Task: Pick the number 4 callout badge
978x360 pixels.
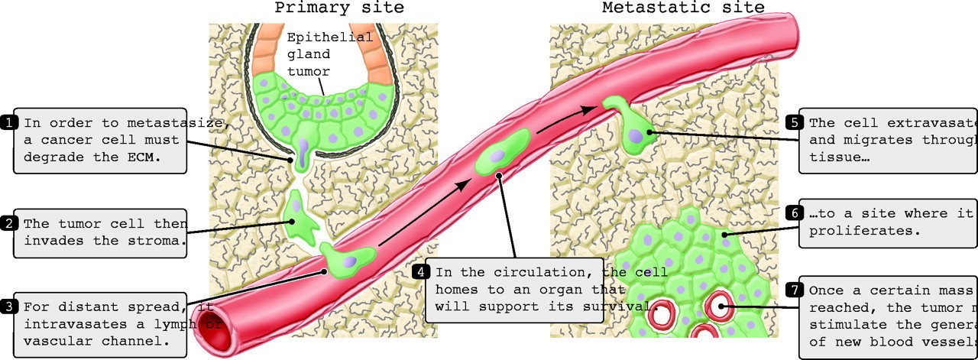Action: pos(421,271)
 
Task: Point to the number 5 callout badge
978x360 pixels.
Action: pos(794,122)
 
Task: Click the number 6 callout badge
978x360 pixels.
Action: pos(794,214)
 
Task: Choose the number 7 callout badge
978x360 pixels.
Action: pos(794,290)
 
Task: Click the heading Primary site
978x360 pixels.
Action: pos(339,8)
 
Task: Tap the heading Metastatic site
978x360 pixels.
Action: pos(683,8)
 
